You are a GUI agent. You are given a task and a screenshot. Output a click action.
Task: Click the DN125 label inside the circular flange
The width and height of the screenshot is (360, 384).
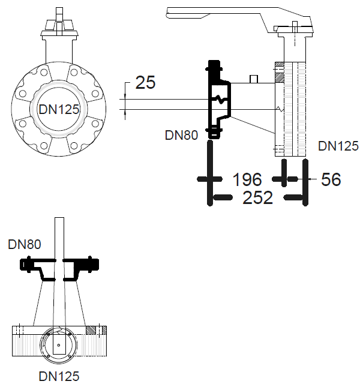[59, 109]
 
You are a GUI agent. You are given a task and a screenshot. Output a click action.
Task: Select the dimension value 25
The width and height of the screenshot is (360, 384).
[145, 82]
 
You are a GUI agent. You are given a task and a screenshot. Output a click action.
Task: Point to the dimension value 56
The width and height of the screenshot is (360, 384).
[331, 179]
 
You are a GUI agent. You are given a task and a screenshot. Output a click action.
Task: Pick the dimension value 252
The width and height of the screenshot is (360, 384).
[257, 197]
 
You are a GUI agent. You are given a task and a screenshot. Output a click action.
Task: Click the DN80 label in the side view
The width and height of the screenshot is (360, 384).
[181, 135]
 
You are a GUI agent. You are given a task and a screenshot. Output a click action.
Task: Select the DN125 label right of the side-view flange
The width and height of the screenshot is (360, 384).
[338, 146]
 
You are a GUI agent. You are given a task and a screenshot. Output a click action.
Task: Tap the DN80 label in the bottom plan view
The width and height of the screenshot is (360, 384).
[24, 244]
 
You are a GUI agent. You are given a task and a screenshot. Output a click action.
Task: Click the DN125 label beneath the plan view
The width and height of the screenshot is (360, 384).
[59, 376]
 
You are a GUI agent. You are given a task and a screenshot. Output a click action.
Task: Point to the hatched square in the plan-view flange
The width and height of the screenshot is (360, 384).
[91, 329]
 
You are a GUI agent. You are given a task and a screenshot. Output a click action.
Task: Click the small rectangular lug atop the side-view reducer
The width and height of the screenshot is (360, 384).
[254, 79]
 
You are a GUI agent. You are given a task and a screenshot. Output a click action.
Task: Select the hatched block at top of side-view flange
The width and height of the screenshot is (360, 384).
[279, 77]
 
